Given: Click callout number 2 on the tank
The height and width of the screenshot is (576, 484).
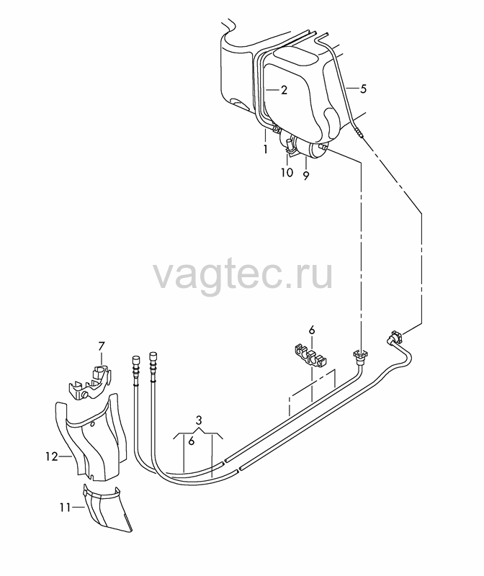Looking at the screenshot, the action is pyautogui.click(x=284, y=90).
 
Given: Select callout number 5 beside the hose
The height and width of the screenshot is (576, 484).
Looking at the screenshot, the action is pyautogui.click(x=363, y=89).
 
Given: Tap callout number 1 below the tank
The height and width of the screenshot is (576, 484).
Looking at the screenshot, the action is pyautogui.click(x=265, y=149).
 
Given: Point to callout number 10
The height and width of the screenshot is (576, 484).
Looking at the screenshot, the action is pyautogui.click(x=287, y=172).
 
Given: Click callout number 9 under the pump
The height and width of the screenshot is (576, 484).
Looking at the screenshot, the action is pyautogui.click(x=306, y=176).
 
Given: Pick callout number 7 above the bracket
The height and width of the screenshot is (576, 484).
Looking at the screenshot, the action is pyautogui.click(x=102, y=346).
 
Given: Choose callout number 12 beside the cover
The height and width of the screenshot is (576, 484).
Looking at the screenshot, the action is pyautogui.click(x=52, y=456).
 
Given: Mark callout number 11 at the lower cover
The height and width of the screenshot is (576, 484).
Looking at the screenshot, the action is pyautogui.click(x=65, y=508).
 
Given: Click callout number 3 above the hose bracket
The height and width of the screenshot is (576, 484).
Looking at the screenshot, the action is pyautogui.click(x=199, y=420).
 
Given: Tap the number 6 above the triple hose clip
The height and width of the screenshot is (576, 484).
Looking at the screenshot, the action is pyautogui.click(x=312, y=330).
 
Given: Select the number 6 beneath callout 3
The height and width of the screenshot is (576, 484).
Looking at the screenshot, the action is pyautogui.click(x=191, y=441).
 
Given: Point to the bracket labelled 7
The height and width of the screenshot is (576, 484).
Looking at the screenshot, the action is pyautogui.click(x=90, y=383).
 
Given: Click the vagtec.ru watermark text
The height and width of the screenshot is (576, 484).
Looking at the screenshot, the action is pyautogui.click(x=243, y=275).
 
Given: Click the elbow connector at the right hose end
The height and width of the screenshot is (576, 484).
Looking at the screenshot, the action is pyautogui.click(x=394, y=336).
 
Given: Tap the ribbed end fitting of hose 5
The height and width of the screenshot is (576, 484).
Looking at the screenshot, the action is pyautogui.click(x=359, y=132).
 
